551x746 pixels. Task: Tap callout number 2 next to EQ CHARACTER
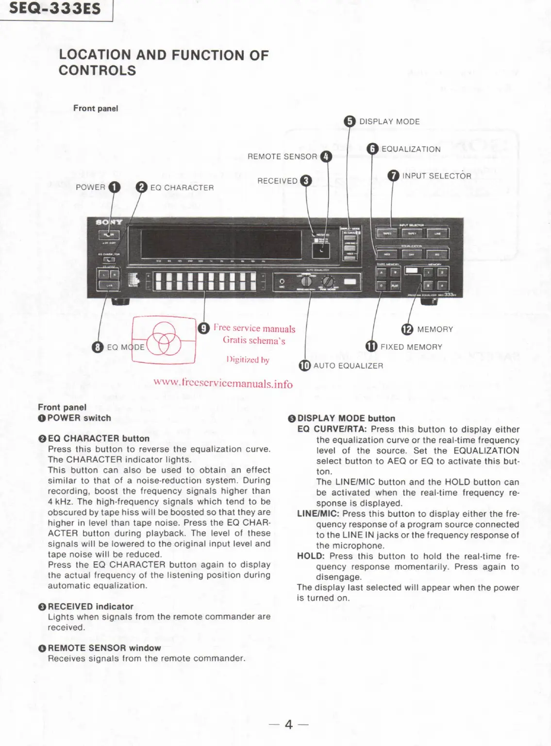[141, 187]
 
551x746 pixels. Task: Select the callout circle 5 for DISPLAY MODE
[350, 121]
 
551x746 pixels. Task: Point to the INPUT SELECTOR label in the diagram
[436, 176]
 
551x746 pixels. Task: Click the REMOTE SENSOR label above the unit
[282, 156]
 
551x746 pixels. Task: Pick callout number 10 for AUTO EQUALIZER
[304, 365]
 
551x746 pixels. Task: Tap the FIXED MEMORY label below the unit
[411, 347]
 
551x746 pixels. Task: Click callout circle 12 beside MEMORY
[407, 330]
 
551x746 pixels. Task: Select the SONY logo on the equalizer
[109, 222]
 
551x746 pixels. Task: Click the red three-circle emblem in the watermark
[164, 339]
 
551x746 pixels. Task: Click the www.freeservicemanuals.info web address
[223, 383]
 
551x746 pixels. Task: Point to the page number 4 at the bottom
[289, 725]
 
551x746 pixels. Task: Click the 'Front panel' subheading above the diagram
[96, 108]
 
